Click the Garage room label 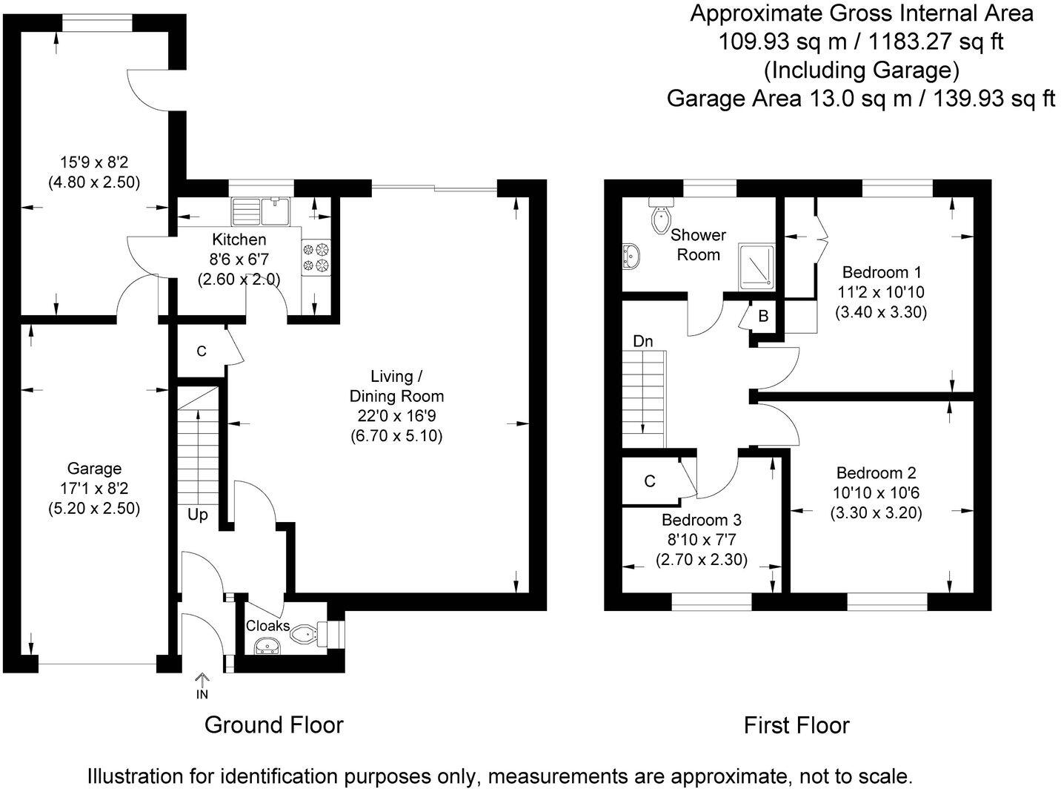click(x=94, y=469)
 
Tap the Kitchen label click(x=239, y=240)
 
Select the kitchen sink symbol click(x=262, y=211)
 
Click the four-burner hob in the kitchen click(x=316, y=257)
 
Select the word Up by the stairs click(x=197, y=515)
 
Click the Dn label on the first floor click(x=642, y=341)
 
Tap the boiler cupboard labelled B click(x=763, y=317)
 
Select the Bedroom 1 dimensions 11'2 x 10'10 click(x=881, y=292)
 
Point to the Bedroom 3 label click(x=701, y=521)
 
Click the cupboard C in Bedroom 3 click(x=650, y=481)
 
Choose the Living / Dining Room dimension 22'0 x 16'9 click(x=396, y=416)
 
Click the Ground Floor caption click(x=273, y=724)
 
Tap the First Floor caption click(x=796, y=724)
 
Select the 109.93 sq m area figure click(x=782, y=42)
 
